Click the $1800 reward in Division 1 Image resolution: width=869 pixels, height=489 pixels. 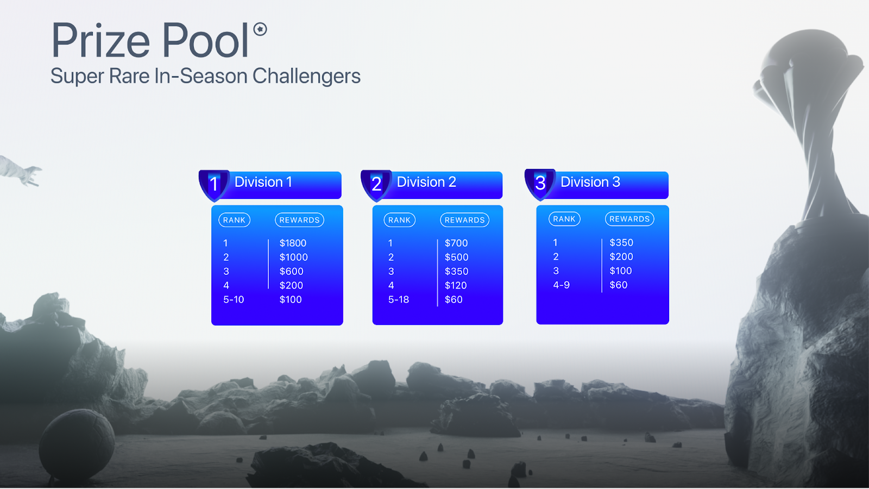[x=293, y=243]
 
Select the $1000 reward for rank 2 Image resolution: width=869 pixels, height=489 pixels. [x=294, y=258]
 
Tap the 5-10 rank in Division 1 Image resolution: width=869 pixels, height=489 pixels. [x=234, y=299]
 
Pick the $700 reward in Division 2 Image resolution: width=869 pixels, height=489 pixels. [x=456, y=243]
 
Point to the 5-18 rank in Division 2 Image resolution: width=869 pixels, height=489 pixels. [x=399, y=299]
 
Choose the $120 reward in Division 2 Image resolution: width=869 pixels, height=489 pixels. [x=456, y=286]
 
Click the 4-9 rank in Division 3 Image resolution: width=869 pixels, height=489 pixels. [x=562, y=285]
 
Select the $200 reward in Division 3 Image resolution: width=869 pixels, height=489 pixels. [x=621, y=256]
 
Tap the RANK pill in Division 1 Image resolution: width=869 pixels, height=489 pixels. [x=234, y=220]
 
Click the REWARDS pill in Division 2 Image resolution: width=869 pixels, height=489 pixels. [x=464, y=220]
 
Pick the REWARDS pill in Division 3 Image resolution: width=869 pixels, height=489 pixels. [x=629, y=219]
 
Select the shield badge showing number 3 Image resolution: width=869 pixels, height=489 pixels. [x=540, y=184]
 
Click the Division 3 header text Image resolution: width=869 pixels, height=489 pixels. [x=590, y=182]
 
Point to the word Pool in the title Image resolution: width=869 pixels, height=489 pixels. [x=205, y=40]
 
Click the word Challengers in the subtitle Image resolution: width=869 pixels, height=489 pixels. [x=306, y=76]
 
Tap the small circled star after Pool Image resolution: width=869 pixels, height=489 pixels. [x=260, y=29]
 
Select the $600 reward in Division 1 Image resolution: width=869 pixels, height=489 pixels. [x=291, y=271]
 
